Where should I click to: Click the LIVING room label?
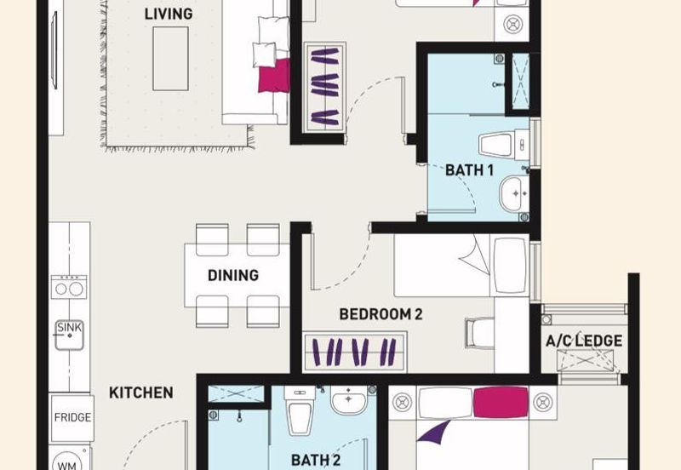point(169,14)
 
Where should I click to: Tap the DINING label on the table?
point(233,275)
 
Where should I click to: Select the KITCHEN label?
point(141,393)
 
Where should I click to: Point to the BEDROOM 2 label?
point(381,314)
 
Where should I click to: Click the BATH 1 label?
point(470,169)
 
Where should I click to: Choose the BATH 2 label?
point(316,460)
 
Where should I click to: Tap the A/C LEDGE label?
point(584,341)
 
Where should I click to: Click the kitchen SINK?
point(70,335)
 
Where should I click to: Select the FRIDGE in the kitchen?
point(72,418)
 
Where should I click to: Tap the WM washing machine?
point(69,461)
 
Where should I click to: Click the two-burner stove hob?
point(69,287)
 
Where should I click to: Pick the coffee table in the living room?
point(170,59)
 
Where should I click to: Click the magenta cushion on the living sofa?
point(274,76)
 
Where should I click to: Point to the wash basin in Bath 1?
point(514,194)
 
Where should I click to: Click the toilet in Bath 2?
point(300,411)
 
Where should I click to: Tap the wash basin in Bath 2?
point(349,399)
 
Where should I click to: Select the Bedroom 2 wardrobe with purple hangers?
point(355,352)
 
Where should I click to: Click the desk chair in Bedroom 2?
point(479,333)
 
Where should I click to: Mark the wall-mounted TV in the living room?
point(54,50)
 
